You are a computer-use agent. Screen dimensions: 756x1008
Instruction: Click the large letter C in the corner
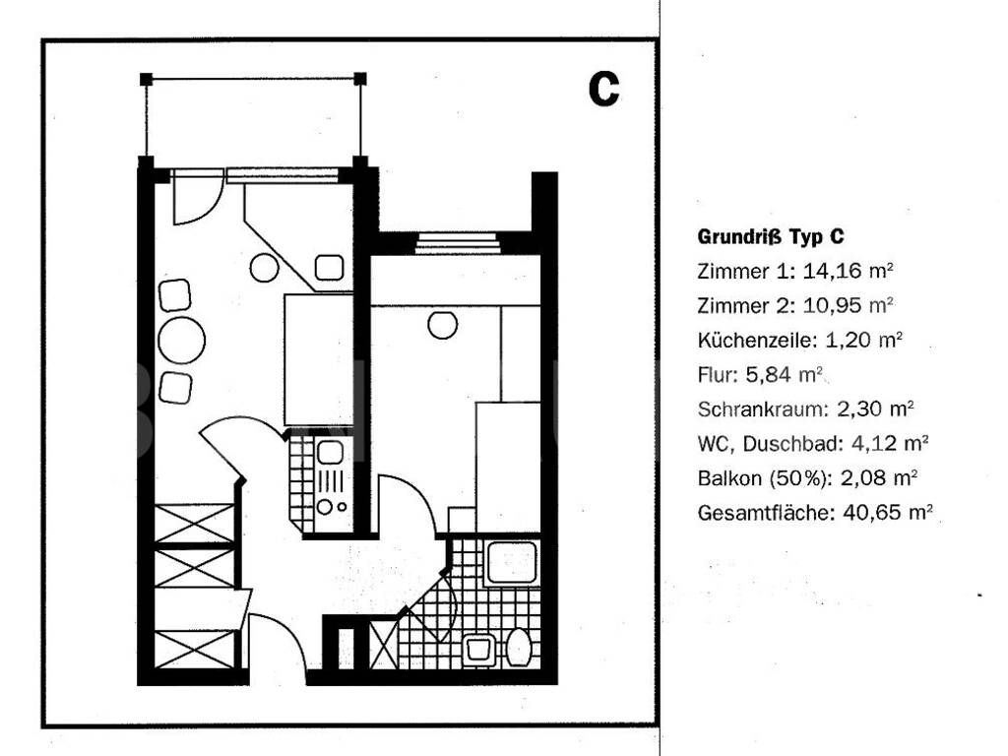coord(603,90)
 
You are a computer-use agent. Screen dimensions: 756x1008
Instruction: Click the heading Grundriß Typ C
coord(770,237)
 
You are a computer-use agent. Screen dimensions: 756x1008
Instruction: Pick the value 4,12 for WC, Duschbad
coord(865,444)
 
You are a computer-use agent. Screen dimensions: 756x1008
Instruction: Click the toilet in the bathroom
coord(519,647)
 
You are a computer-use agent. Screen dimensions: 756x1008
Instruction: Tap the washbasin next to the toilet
coord(479,648)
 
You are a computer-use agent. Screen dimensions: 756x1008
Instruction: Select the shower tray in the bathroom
coord(510,564)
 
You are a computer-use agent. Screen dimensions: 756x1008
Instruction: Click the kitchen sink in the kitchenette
coord(329,454)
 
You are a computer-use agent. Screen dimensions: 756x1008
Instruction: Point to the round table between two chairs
coord(182,341)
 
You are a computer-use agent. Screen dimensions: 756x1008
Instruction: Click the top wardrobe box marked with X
coord(195,523)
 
